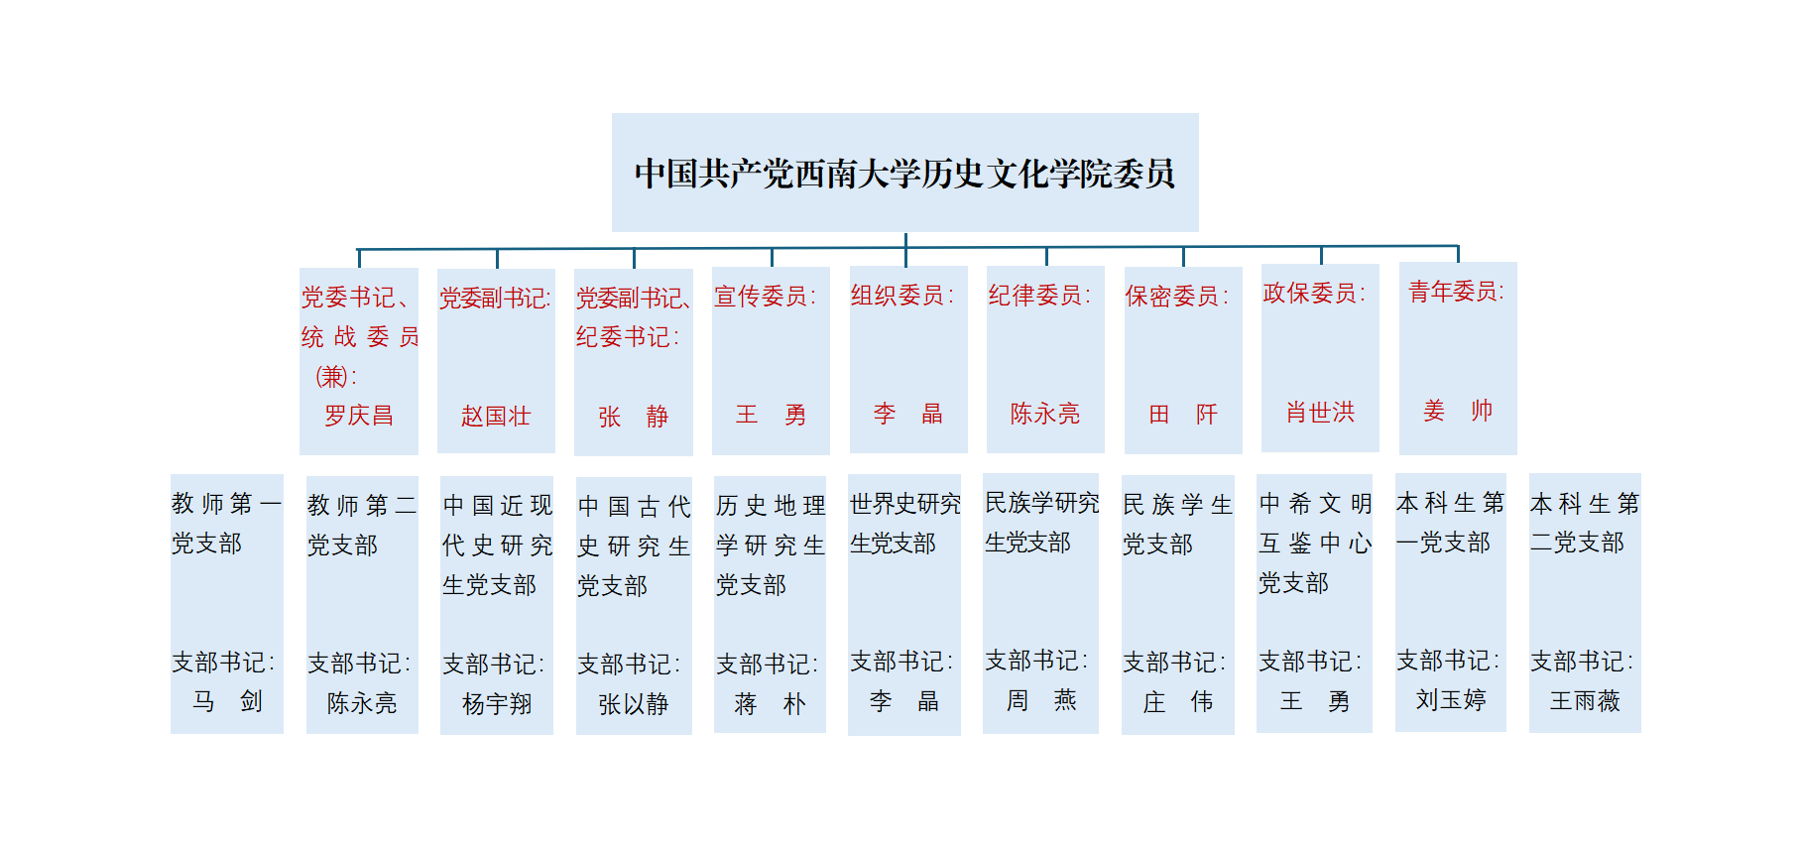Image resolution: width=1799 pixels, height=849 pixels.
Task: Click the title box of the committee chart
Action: tap(904, 174)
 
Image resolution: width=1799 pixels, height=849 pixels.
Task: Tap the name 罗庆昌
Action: tap(359, 416)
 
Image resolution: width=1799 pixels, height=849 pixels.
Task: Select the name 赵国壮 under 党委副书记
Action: tap(496, 416)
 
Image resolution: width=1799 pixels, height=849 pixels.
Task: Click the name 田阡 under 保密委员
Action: tap(1182, 415)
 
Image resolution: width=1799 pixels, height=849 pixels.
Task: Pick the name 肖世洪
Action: tap(1320, 413)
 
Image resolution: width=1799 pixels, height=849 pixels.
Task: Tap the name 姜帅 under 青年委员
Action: tap(1457, 411)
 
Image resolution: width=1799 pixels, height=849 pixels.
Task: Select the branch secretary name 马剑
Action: tap(227, 702)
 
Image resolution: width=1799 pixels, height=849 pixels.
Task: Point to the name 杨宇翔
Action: tap(497, 704)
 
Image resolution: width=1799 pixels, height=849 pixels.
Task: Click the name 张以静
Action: tap(633, 704)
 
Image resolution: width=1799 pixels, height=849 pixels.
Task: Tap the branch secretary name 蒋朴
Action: tap(770, 704)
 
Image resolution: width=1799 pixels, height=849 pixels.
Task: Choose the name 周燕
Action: tap(1041, 701)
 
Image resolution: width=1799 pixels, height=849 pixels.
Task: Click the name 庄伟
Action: tap(1177, 702)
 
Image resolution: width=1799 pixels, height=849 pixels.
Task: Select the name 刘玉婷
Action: tap(1451, 700)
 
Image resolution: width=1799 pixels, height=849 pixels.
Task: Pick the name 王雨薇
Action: tap(1585, 701)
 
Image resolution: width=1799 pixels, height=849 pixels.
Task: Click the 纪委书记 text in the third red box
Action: tap(627, 337)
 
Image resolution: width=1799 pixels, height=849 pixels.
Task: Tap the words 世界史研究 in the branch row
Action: tap(904, 504)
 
